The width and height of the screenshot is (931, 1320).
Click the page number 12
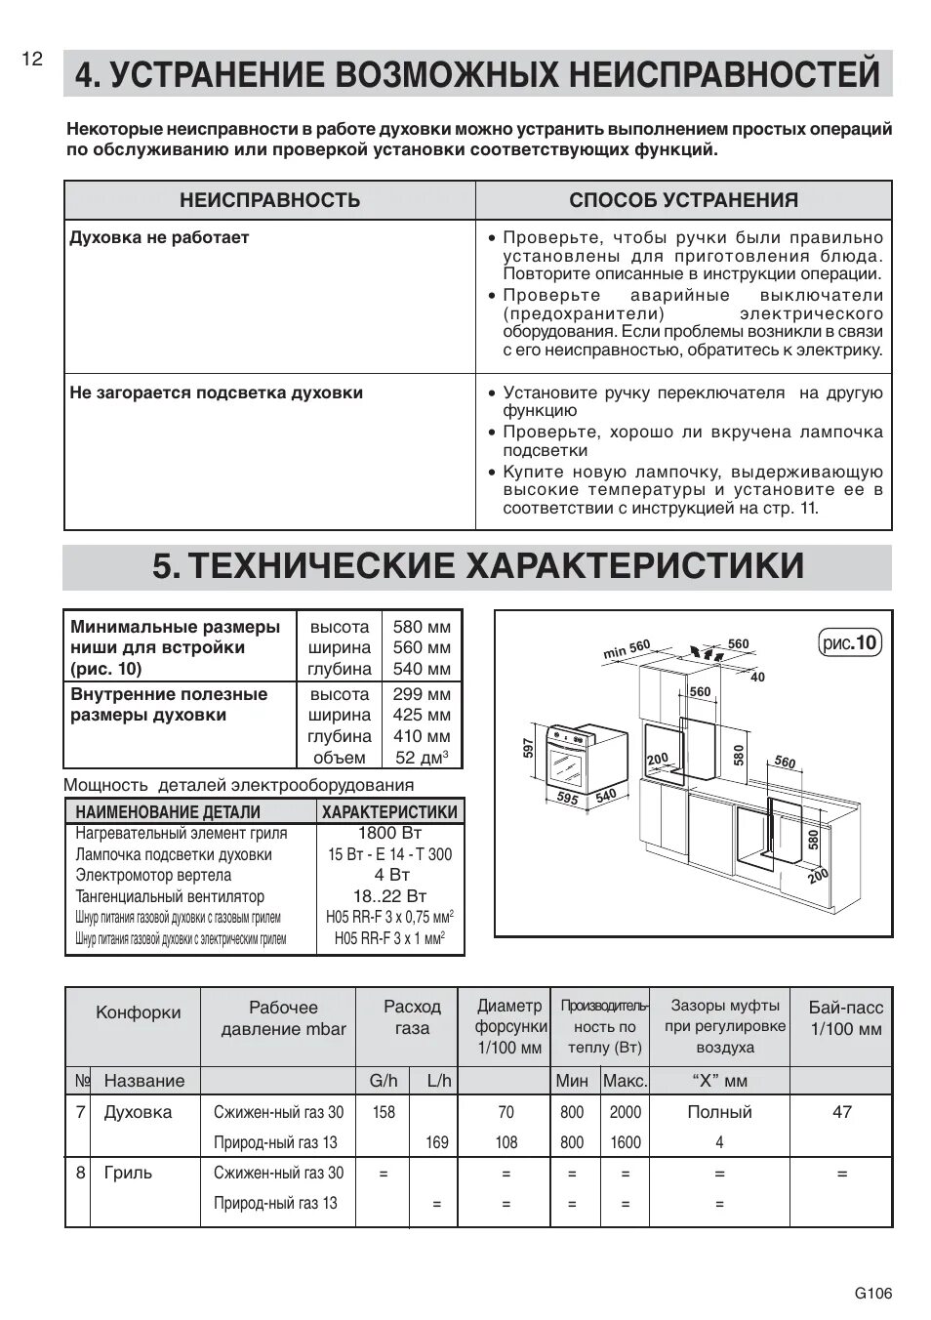[x=32, y=59]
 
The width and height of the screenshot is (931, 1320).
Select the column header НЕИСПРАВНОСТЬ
[x=269, y=200]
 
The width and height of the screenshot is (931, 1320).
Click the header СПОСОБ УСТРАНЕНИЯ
[x=683, y=200]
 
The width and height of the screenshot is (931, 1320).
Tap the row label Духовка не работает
[x=159, y=237]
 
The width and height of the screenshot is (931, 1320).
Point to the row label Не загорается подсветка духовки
[x=216, y=392]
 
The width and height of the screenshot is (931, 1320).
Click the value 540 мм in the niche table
[x=422, y=669]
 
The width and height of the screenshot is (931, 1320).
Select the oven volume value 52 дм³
[x=422, y=758]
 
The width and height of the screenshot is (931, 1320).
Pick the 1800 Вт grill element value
[x=389, y=833]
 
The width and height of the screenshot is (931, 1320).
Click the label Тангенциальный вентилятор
[x=170, y=896]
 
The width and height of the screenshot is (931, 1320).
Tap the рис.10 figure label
[x=849, y=642]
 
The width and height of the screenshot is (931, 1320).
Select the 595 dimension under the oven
[x=567, y=798]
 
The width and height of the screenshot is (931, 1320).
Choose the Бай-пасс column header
[x=845, y=1017]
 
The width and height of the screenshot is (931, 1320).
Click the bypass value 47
[x=841, y=1111]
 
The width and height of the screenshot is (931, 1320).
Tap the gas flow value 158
[x=384, y=1112]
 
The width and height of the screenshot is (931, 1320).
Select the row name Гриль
[x=128, y=1173]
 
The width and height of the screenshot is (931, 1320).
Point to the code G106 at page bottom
[x=872, y=1294]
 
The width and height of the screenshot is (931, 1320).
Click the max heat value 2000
[x=626, y=1112]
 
